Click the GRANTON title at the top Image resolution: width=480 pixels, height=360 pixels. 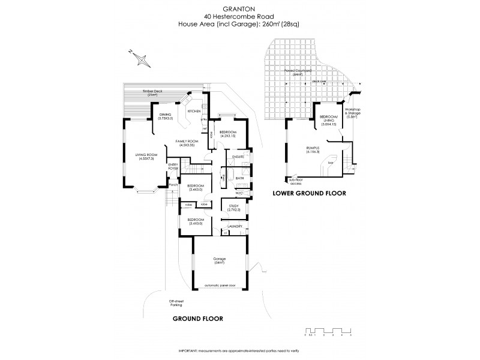click(240, 9)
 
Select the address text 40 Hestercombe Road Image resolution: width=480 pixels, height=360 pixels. click(240, 16)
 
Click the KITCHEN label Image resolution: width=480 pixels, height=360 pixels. click(194, 112)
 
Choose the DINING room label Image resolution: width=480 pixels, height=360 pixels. click(165, 116)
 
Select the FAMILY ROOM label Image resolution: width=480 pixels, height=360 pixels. click(187, 143)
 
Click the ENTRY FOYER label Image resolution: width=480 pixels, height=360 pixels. click(173, 167)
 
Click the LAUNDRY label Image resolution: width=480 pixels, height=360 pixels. click(234, 226)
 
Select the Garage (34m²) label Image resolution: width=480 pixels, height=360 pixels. click(218, 261)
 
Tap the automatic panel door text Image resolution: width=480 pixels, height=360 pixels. click(218, 284)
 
